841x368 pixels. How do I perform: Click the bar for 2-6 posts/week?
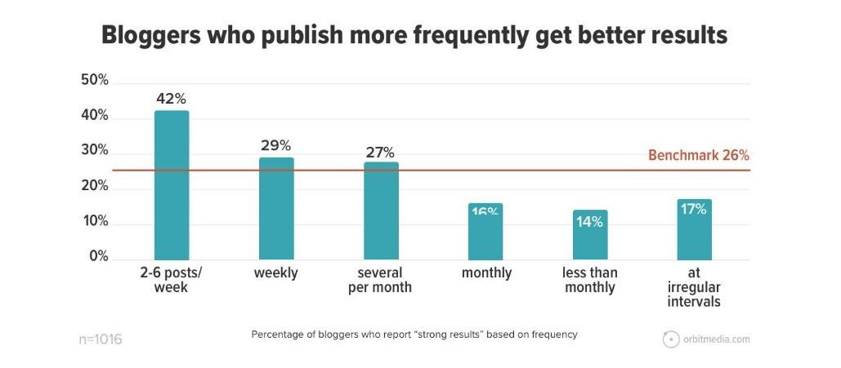[172, 185]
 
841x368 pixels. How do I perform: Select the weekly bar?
[276, 208]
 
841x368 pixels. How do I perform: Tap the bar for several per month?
[381, 211]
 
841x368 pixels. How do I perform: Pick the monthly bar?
[485, 233]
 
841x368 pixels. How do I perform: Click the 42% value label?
[172, 100]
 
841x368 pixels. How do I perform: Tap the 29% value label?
[276, 146]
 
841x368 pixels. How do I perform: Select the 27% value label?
[381, 152]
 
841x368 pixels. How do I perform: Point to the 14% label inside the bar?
[590, 221]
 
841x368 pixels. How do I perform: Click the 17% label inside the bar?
[694, 209]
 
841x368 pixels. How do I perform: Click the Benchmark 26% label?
[699, 155]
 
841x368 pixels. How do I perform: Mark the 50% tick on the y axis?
[95, 80]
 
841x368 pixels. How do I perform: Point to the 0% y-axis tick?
[98, 257]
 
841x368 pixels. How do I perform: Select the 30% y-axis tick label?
[95, 151]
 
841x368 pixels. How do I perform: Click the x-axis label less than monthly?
[590, 280]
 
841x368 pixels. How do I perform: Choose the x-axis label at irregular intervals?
[694, 287]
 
